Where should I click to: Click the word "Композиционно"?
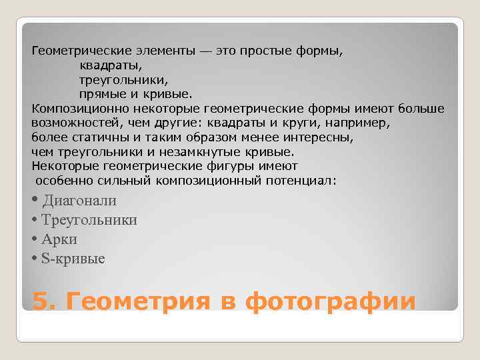tap(73, 109)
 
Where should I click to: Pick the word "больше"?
tap(421, 109)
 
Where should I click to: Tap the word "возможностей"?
tap(74, 123)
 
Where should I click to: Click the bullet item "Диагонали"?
tap(79, 201)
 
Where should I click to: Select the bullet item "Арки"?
tap(59, 239)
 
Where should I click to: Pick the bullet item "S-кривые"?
tap(73, 259)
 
